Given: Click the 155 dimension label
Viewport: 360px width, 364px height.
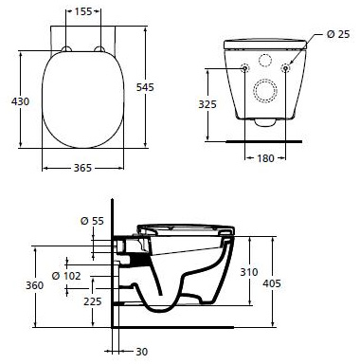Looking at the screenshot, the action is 83,11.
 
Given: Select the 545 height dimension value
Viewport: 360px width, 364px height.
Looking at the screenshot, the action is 145,87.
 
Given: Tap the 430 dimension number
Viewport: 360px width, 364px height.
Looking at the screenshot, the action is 20,101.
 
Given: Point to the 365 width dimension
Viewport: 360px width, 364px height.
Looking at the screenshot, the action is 82,168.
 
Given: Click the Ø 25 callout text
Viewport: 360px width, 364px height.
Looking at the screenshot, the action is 338,34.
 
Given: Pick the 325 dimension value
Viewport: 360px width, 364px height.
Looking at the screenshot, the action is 207,104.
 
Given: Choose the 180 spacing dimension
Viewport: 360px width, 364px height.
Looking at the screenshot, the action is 265,158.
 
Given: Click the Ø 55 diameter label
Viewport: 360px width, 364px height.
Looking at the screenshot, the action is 92,221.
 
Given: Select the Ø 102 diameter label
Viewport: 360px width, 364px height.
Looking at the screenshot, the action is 66,276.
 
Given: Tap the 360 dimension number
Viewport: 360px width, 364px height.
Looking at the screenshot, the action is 35,285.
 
